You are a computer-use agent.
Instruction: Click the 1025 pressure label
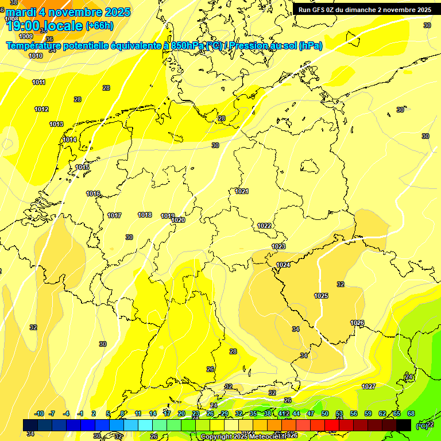pos(321,296)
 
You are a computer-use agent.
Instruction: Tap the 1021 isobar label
pos(242,191)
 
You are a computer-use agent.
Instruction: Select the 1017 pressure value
pos(114,216)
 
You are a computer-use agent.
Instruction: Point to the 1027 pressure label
pos(369,386)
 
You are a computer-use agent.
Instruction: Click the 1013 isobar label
pos(56,125)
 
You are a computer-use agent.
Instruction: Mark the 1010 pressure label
pos(36,56)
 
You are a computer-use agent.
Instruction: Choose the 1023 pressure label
pos(278,246)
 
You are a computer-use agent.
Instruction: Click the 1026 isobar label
pos(357,323)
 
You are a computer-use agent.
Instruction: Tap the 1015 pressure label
pos(82,168)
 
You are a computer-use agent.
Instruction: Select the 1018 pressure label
pos(145,215)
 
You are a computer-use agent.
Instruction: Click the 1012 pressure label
pos(41,110)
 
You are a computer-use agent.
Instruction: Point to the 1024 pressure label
pos(283,265)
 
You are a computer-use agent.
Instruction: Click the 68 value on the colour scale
pos(411,413)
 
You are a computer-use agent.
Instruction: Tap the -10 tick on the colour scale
pos(40,413)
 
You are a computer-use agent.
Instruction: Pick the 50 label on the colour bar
pos(325,413)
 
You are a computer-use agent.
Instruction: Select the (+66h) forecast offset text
pos(99,26)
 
